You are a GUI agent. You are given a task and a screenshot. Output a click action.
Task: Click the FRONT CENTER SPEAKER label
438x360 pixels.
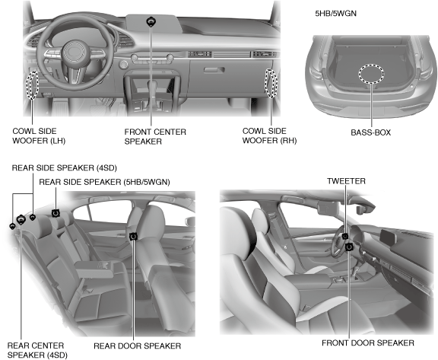pyautogui.click(x=155, y=136)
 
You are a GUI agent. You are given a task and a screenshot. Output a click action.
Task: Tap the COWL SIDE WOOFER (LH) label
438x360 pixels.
pyautogui.click(x=39, y=135)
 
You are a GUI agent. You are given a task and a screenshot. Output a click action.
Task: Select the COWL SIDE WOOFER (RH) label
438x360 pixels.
pyautogui.click(x=269, y=135)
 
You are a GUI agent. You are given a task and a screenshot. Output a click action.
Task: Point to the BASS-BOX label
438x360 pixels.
pyautogui.click(x=370, y=132)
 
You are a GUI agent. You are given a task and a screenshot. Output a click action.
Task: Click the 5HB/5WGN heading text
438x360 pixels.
pyautogui.click(x=335, y=14)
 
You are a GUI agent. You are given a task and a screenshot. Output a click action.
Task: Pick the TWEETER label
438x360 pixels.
pyautogui.click(x=346, y=181)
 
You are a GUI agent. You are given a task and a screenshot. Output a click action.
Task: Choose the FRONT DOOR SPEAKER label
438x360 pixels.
pyautogui.click(x=368, y=343)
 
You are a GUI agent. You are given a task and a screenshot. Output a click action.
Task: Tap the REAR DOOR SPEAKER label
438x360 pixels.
pyautogui.click(x=137, y=346)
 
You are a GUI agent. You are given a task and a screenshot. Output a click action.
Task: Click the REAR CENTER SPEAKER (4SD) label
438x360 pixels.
pyautogui.click(x=37, y=350)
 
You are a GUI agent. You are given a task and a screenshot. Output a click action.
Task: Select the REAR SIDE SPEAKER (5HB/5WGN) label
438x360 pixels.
pyautogui.click(x=104, y=182)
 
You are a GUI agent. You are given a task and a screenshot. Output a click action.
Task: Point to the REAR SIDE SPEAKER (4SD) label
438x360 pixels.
pyautogui.click(x=64, y=167)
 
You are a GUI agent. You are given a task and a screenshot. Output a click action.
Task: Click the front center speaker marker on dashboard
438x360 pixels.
pyautogui.click(x=151, y=22)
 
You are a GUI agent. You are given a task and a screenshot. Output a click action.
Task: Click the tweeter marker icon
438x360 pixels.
pyautogui.click(x=345, y=237)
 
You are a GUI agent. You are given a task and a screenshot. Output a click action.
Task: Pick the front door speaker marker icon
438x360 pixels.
pyautogui.click(x=349, y=247)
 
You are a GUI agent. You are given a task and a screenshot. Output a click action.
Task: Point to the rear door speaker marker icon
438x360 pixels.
pyautogui.click(x=134, y=237)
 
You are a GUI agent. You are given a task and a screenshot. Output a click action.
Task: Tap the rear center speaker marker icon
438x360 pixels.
pyautogui.click(x=21, y=220)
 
